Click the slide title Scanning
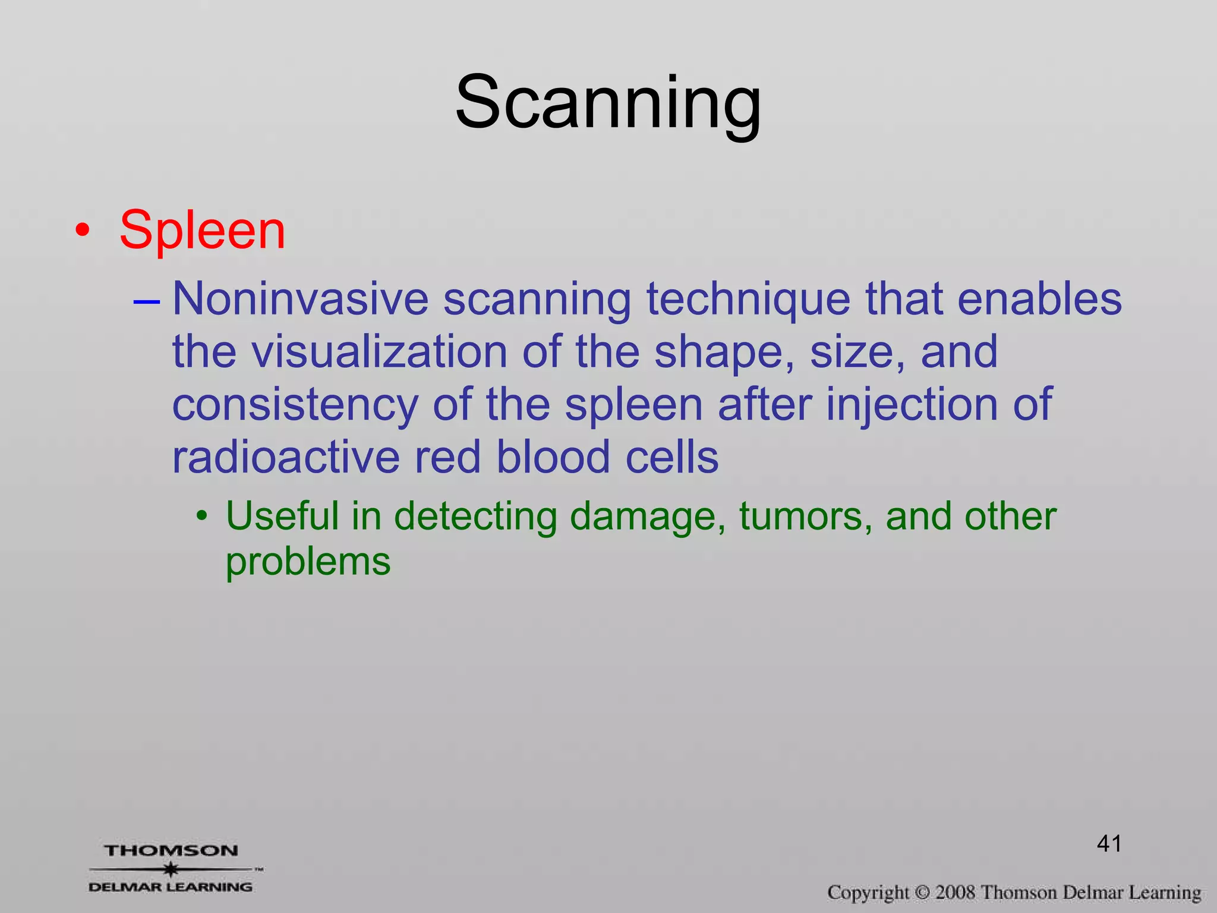[x=607, y=102]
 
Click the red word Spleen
[x=202, y=231]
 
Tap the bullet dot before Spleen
[x=83, y=231]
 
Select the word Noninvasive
[x=300, y=298]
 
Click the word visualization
[x=380, y=352]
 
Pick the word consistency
[x=295, y=405]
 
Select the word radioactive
[x=286, y=457]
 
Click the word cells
[x=671, y=457]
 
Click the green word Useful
[x=282, y=515]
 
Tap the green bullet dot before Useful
[x=203, y=516]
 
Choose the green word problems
[x=308, y=562]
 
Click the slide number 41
[x=1109, y=843]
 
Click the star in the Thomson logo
[x=171, y=869]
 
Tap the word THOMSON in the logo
[x=171, y=851]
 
